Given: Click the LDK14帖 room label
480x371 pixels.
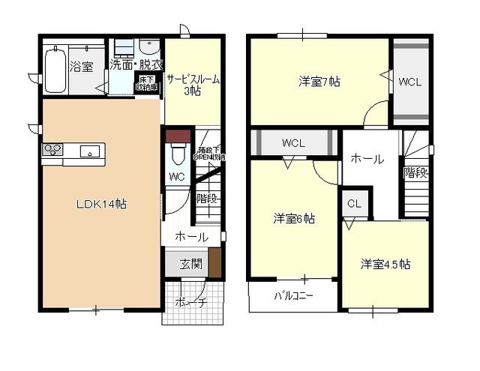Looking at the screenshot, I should click(x=100, y=202).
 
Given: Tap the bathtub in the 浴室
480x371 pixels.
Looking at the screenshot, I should click(x=55, y=68).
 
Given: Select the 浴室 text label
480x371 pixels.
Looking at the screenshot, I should click(x=82, y=67).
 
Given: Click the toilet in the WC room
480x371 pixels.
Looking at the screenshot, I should click(x=178, y=155).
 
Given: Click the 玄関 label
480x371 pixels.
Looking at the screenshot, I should click(x=190, y=264).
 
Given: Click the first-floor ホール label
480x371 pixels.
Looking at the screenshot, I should click(x=191, y=237).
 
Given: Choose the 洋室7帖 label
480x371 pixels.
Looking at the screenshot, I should click(x=319, y=81).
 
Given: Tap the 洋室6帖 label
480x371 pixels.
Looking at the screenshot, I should click(x=293, y=219).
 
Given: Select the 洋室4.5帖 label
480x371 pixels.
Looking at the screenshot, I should click(x=385, y=264).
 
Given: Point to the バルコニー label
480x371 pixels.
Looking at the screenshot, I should click(x=293, y=295).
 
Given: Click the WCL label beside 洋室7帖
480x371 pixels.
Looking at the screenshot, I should click(x=410, y=81).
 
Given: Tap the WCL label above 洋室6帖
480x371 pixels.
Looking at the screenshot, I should click(x=293, y=142).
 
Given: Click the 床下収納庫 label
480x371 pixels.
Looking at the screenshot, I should click(x=146, y=82).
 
